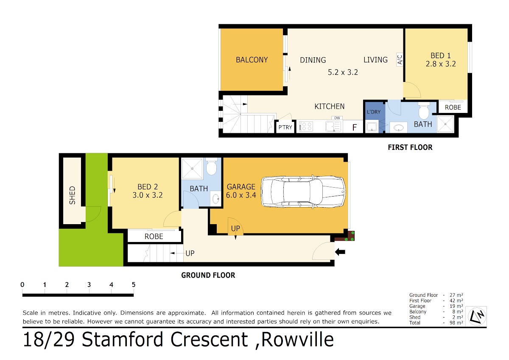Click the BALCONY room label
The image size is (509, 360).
(x=252, y=60)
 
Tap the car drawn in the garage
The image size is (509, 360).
(x=303, y=192)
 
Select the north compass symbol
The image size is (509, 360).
(x=477, y=316)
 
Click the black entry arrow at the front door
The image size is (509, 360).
(x=340, y=252)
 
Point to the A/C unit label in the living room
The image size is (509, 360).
(x=400, y=59)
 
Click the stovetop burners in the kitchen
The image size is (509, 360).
(x=306, y=127)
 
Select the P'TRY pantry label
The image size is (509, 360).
(x=285, y=127)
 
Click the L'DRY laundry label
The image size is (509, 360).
(x=374, y=112)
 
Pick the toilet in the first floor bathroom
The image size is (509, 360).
(x=424, y=110)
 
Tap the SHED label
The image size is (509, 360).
(x=72, y=195)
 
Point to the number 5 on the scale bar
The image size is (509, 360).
(x=134, y=285)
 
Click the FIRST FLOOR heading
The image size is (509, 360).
(x=410, y=147)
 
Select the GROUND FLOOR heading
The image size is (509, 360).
(x=208, y=275)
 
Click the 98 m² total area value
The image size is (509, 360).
(x=456, y=323)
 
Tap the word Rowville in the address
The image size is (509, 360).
(x=298, y=340)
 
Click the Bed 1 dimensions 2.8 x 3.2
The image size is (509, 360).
(x=441, y=64)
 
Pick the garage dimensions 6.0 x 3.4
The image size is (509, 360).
(x=241, y=195)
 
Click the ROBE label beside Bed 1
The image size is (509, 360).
(x=453, y=107)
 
